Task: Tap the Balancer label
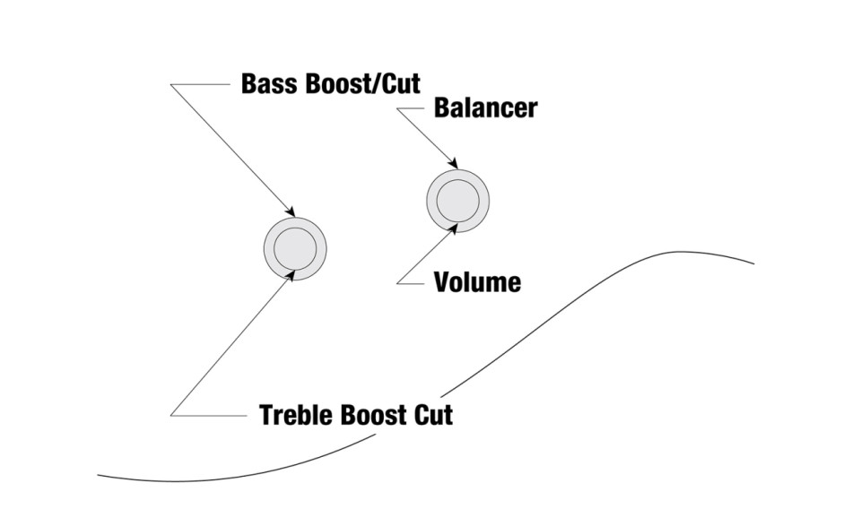point(485,108)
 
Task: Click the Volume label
point(477,282)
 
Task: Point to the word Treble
point(295,415)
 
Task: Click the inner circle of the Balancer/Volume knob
point(458,201)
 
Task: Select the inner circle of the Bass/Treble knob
point(295,249)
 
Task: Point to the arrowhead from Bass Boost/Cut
point(291,211)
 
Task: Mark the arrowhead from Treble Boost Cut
point(291,275)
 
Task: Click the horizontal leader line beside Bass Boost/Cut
point(201,84)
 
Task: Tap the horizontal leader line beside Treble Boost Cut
point(209,415)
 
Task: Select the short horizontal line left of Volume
point(411,283)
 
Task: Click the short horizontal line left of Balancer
point(411,108)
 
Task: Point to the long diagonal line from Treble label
point(231,345)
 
